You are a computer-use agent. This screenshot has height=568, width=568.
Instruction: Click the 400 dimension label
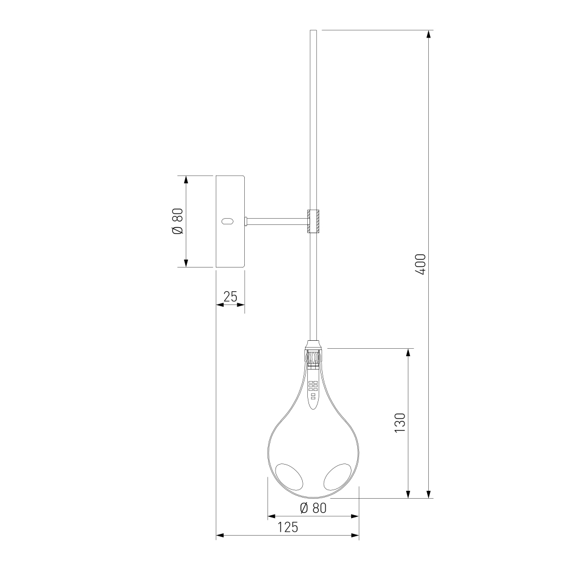pyautogui.click(x=421, y=265)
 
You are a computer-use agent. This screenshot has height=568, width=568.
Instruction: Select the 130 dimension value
pyautogui.click(x=400, y=423)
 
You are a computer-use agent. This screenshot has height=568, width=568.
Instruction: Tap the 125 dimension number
pyautogui.click(x=288, y=527)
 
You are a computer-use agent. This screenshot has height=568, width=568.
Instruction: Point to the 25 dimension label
pyautogui.click(x=231, y=296)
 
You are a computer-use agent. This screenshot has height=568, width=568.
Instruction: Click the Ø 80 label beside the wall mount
pyautogui.click(x=178, y=222)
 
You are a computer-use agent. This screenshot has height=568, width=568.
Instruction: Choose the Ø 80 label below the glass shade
pyautogui.click(x=314, y=508)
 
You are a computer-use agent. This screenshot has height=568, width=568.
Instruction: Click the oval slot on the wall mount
pyautogui.click(x=227, y=222)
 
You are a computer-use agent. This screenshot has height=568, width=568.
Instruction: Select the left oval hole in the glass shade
pyautogui.click(x=289, y=477)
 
